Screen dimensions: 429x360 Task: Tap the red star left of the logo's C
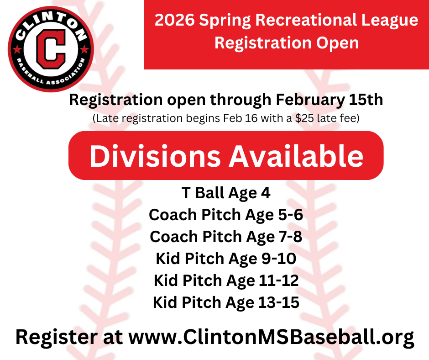[17, 49]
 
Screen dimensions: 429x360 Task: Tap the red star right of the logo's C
[84, 49]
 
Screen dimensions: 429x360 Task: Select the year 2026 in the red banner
[175, 20]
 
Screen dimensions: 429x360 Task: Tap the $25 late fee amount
[304, 118]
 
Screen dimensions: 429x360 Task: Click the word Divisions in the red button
[155, 156]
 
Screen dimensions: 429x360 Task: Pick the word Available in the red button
[296, 156]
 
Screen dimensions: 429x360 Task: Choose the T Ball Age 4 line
[226, 193]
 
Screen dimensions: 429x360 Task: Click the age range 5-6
[291, 215]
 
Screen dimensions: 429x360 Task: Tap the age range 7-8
[290, 237]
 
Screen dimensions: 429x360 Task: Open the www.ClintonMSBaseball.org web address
[271, 337]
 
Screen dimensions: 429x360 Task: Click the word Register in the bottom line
[56, 338]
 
